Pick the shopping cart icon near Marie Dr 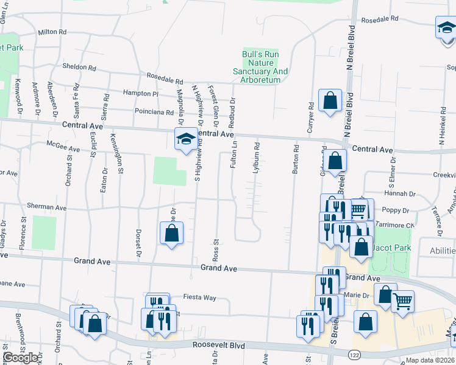point(402,301)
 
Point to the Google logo point(20,357)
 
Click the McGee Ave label point(63,148)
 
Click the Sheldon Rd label point(79,67)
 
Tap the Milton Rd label point(51,32)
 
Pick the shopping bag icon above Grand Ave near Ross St point(172,232)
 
